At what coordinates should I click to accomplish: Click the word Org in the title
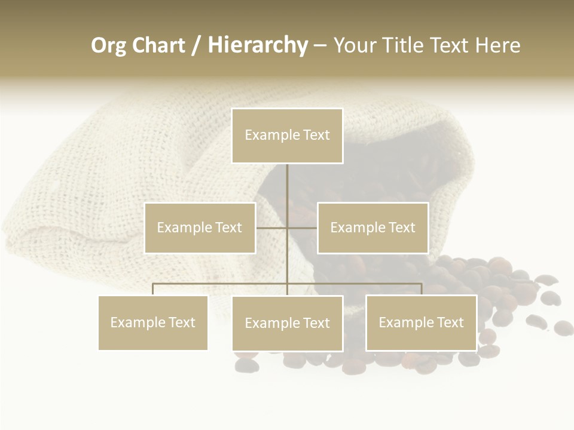point(108,45)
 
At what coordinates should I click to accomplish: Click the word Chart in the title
point(158,45)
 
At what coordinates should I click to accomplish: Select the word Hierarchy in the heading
point(258,45)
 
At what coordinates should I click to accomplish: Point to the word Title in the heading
point(407,45)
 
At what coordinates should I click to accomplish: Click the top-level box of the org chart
point(287,136)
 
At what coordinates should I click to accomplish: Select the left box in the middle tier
point(200,228)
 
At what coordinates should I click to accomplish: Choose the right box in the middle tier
point(373,228)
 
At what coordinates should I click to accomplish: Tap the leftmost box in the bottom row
point(153,322)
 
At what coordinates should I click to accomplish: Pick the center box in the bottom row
point(287,323)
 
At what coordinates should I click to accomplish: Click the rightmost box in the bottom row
point(421,322)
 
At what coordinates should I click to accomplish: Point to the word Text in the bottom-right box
point(450,322)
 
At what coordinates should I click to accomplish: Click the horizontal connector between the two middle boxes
point(286,228)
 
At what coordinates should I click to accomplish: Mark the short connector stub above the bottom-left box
point(153,290)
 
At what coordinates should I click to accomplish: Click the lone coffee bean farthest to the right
point(563,327)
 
